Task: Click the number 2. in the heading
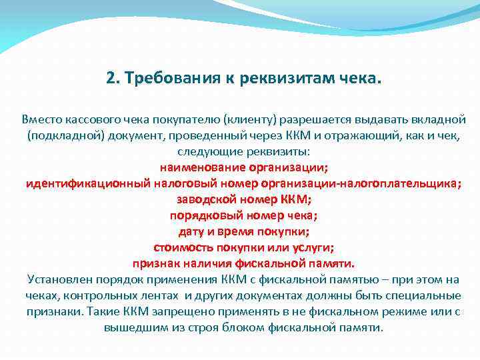112,79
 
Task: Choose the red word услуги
308,247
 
